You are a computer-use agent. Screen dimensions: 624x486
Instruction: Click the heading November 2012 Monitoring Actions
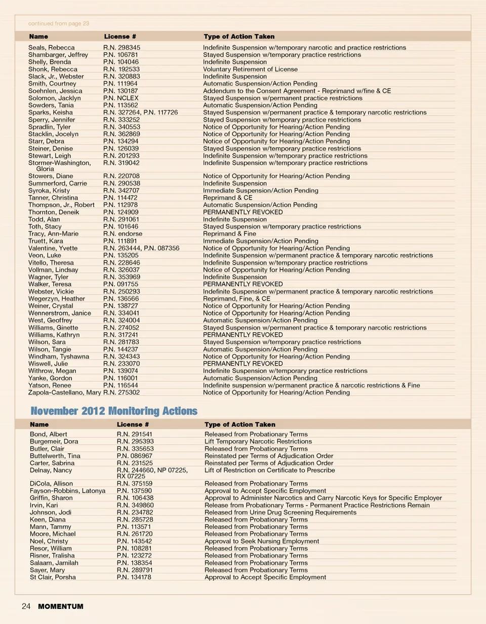point(113,411)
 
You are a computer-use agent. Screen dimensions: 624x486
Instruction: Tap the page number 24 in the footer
point(26,606)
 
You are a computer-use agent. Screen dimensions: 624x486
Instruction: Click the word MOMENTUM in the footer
point(61,606)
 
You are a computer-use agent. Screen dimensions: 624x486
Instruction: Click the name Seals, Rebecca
point(51,48)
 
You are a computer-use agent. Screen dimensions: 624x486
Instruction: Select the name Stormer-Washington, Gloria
point(59,166)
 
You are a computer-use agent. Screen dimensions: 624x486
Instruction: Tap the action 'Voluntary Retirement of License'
point(250,69)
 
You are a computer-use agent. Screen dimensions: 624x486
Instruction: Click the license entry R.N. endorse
point(123,234)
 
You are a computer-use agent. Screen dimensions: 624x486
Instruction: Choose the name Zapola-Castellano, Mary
point(64,393)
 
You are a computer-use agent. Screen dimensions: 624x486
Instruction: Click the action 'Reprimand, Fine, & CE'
point(236,299)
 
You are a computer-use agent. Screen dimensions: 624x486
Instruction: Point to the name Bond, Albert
point(49,434)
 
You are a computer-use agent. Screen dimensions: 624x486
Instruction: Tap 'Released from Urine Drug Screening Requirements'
point(280,513)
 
